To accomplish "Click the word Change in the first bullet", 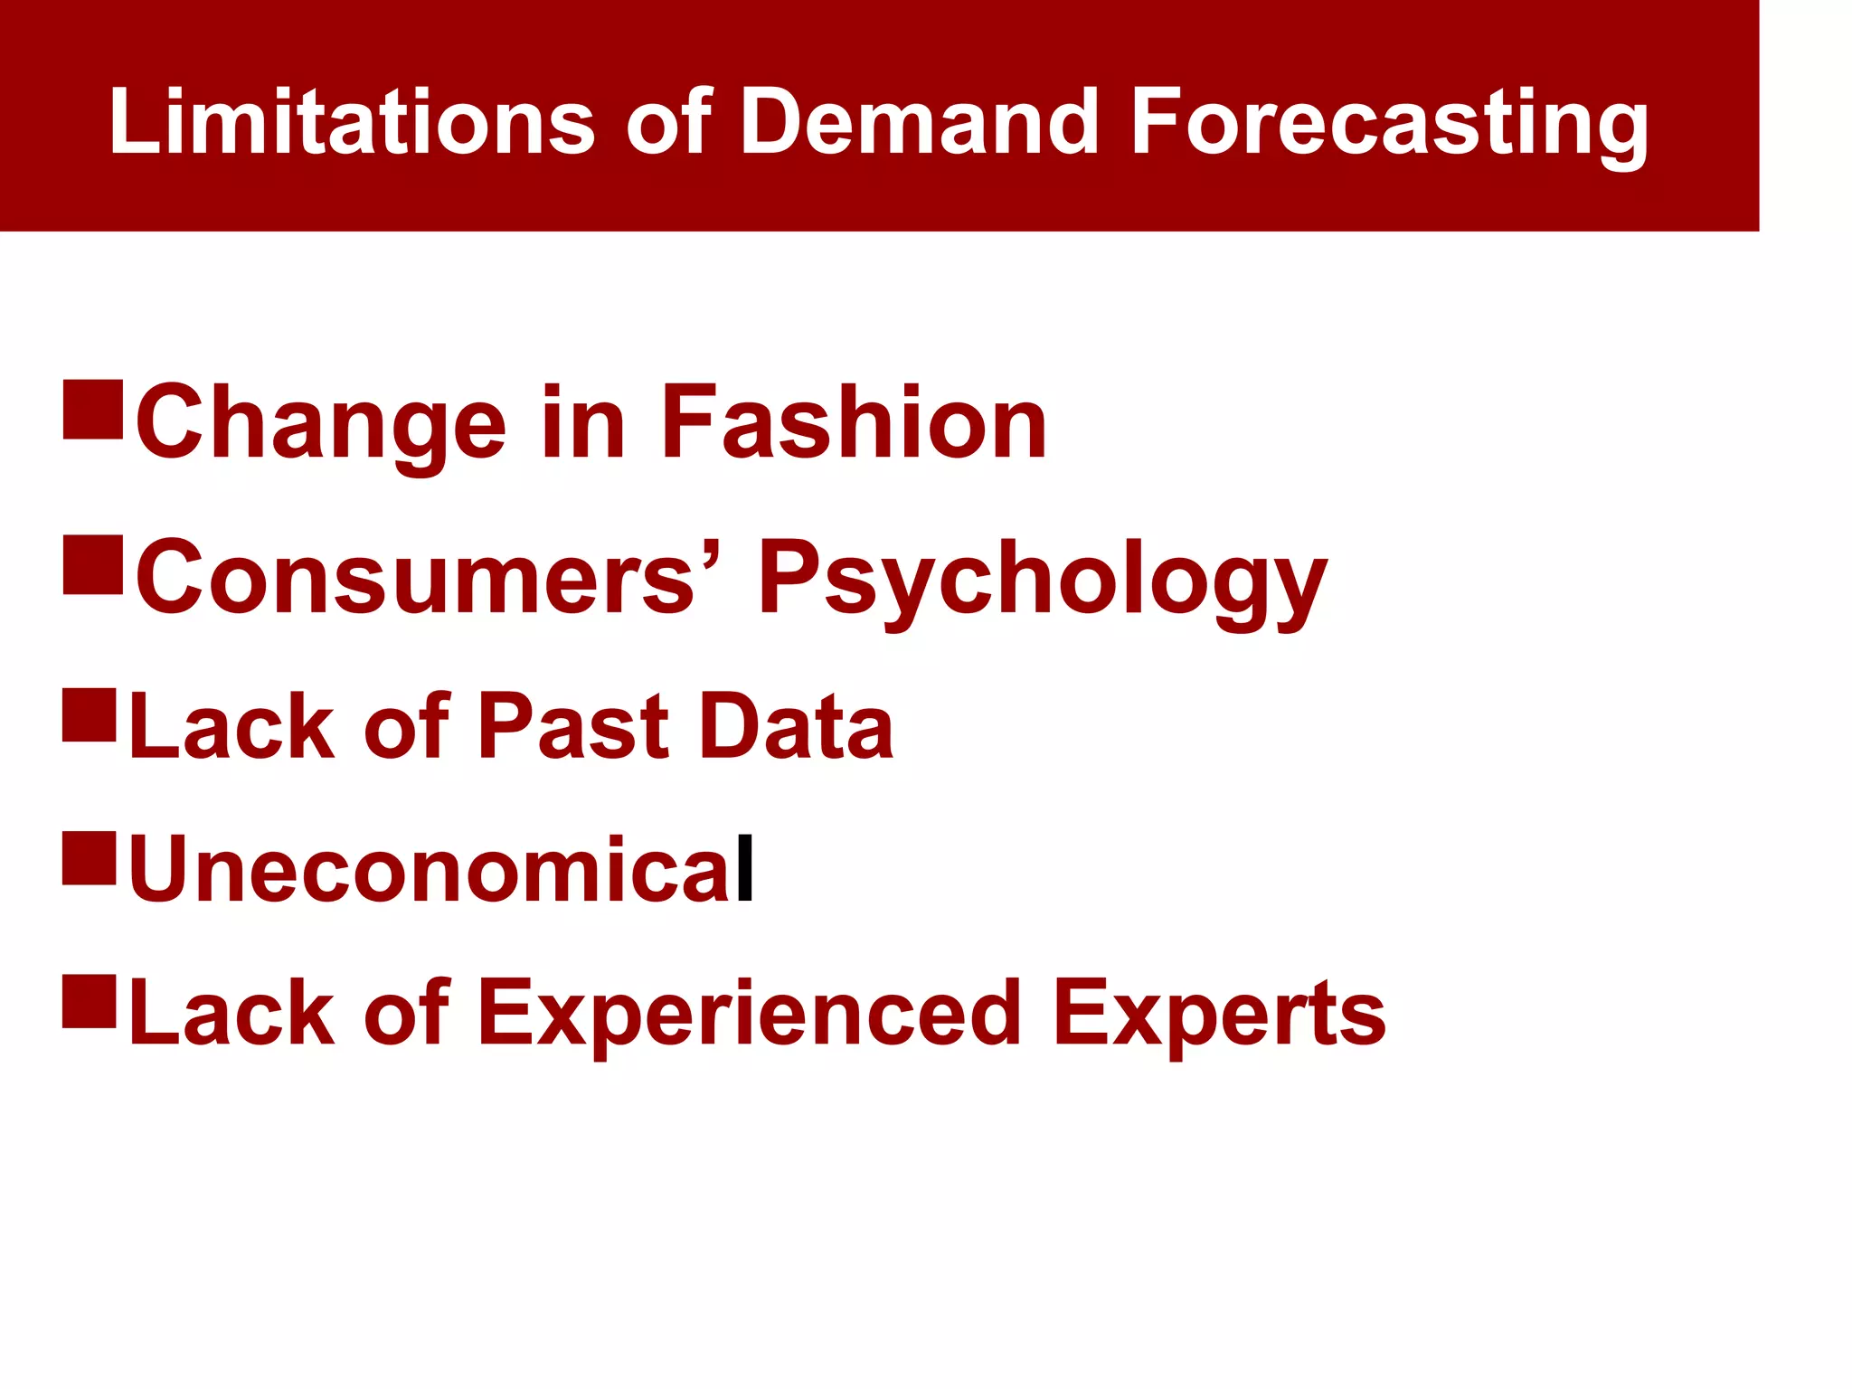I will tap(320, 423).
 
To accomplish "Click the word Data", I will tap(797, 726).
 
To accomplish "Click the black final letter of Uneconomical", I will tap(745, 869).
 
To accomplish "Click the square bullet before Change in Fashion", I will tap(92, 410).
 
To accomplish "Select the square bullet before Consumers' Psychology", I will tap(92, 565).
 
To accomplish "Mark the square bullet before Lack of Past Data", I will tap(90, 715).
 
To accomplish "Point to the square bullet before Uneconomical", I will tap(90, 858).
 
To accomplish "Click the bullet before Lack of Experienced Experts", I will tap(90, 1001).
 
